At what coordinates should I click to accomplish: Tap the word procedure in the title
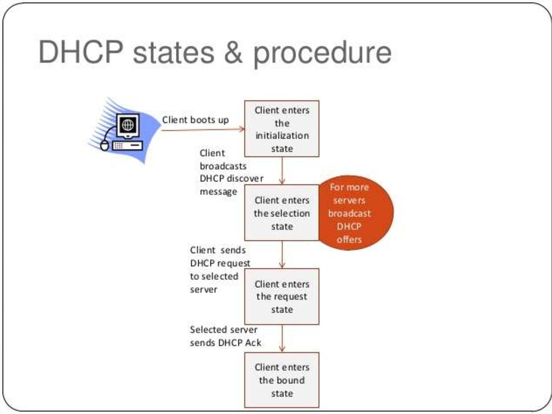point(322,54)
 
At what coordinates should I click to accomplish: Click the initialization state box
point(282,129)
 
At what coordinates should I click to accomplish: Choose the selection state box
point(282,213)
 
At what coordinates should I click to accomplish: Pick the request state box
point(282,296)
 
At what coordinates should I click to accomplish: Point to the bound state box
point(282,380)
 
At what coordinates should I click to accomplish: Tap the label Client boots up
point(195,120)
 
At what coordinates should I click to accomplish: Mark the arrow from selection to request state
point(282,254)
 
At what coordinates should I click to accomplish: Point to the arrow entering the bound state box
point(282,339)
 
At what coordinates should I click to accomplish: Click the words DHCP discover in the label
point(231,179)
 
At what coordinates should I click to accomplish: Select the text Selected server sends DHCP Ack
point(224,336)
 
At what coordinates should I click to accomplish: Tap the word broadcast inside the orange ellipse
point(349,213)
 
